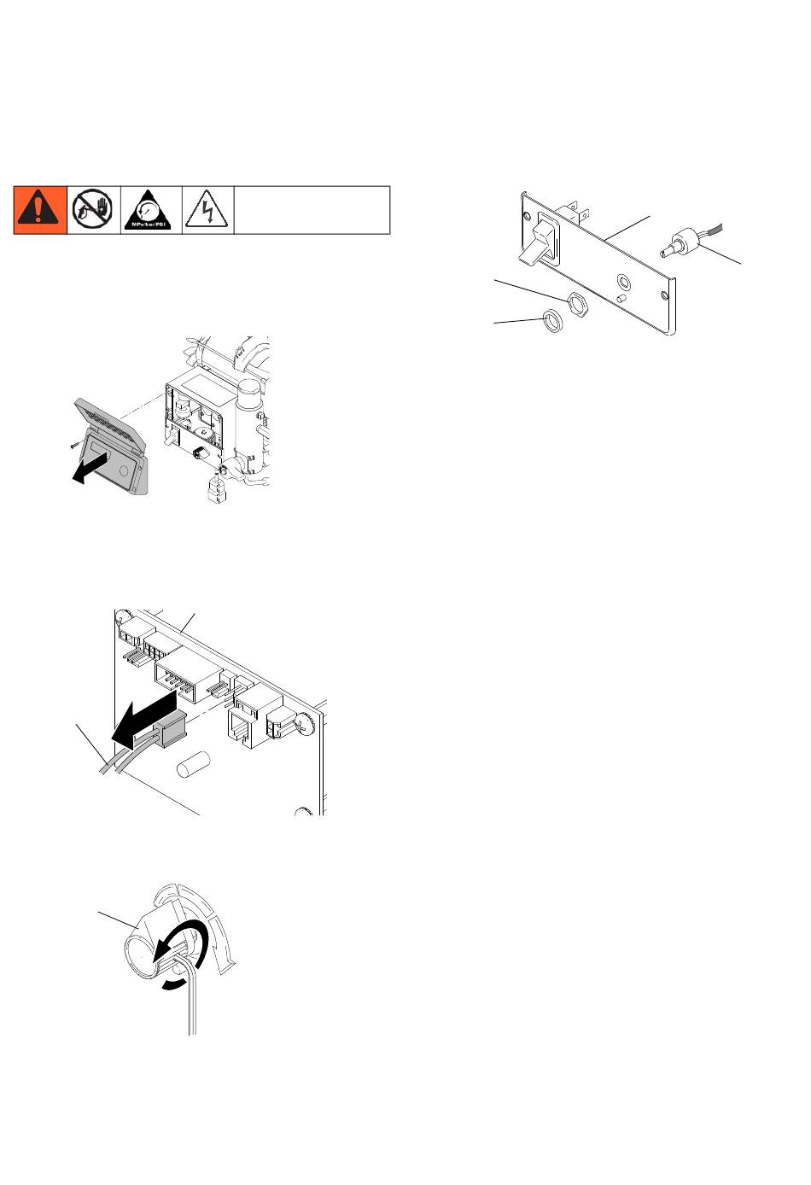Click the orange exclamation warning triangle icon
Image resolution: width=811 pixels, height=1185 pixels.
40,209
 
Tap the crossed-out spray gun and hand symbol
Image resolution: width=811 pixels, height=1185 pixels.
94,209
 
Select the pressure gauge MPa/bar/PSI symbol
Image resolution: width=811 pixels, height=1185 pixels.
151,209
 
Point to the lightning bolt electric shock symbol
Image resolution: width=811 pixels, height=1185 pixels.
207,209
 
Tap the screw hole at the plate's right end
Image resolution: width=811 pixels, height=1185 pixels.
663,295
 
